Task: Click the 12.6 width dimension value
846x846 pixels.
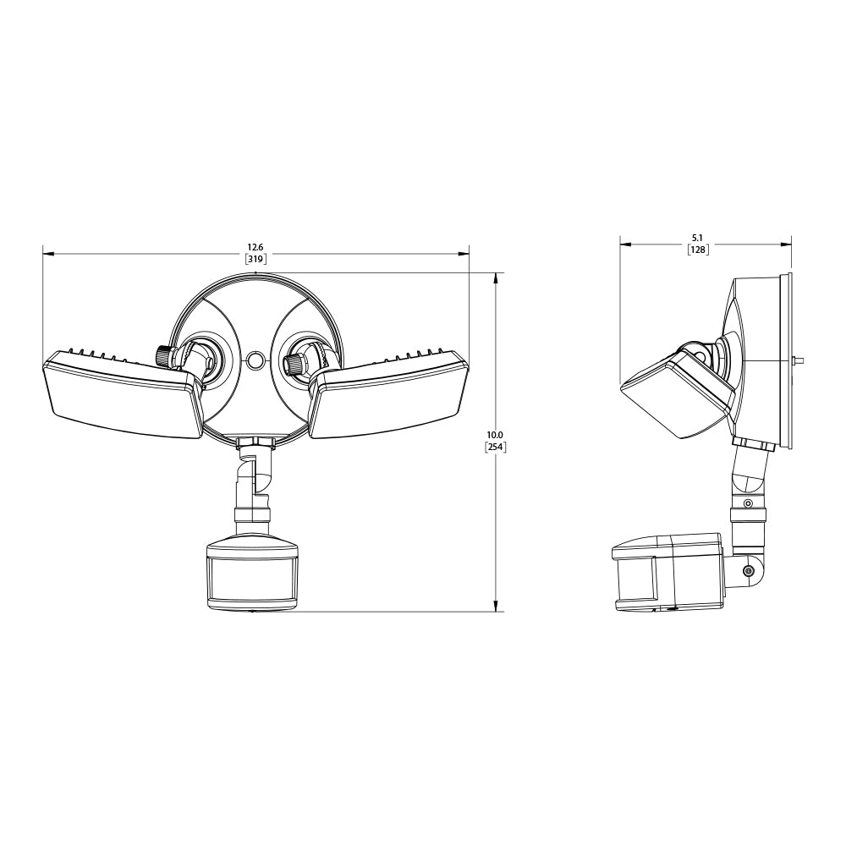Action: (255, 247)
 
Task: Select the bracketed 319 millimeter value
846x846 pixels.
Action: (255, 260)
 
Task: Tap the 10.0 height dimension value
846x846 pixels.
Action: (495, 435)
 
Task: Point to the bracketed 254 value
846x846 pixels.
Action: (495, 448)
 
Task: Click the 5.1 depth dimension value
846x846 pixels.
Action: (698, 238)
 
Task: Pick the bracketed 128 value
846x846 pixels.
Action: (698, 250)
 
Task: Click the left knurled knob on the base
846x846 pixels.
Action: (163, 354)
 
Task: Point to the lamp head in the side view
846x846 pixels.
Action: (677, 393)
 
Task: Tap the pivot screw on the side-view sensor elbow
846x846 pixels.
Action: (748, 572)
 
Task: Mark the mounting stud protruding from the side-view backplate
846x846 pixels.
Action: (798, 360)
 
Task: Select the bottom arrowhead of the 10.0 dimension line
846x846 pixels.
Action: (495, 607)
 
